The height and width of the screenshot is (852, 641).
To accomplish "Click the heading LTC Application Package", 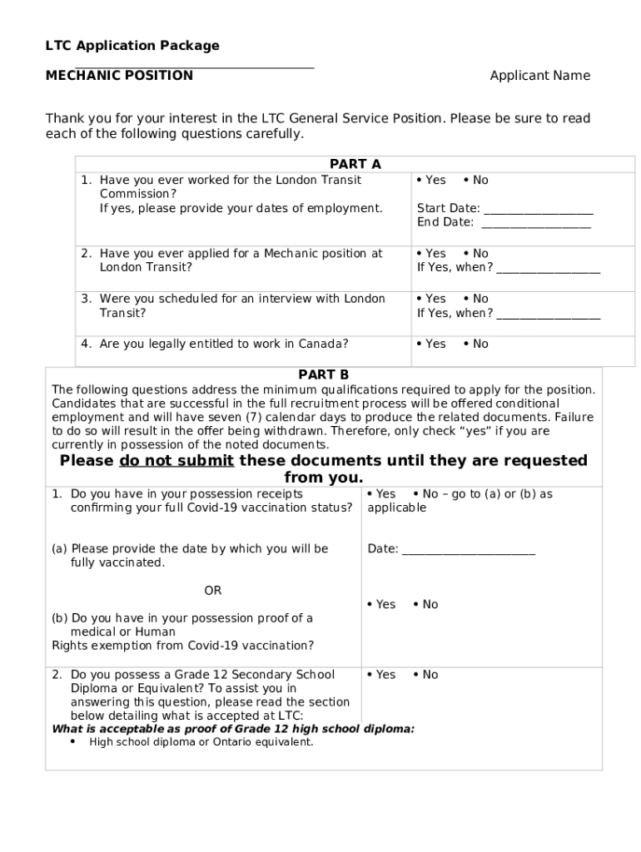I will coord(132,46).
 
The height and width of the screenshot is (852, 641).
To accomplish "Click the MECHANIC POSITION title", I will coord(119,76).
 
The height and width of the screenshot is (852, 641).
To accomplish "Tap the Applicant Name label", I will coord(539,76).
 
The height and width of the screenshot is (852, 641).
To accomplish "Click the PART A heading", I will coord(355,165).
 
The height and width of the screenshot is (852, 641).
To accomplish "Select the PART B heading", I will coord(324,375).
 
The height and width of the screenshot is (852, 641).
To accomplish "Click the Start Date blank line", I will coord(538,209).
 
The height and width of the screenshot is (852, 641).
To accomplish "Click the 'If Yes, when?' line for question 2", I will coord(548,268).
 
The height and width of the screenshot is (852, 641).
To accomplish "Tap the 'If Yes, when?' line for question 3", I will coord(548,314).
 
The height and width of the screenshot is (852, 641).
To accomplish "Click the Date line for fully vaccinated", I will coord(468,550).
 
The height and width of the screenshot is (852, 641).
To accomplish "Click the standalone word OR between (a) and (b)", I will coord(213,591).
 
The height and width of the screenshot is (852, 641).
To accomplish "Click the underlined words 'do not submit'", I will coord(176,461).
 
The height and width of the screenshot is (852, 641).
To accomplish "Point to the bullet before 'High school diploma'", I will coord(73,742).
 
